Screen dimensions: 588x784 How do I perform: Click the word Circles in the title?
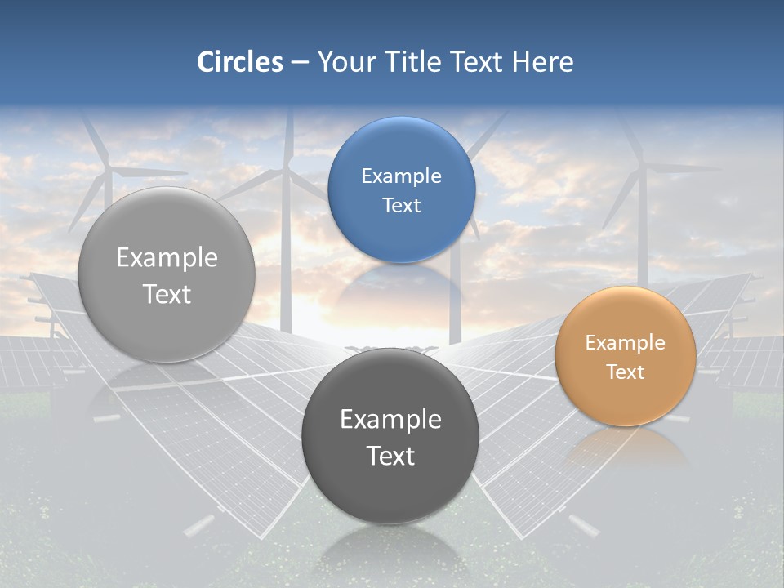pyautogui.click(x=240, y=62)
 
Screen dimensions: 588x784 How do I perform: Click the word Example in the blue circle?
pyautogui.click(x=401, y=176)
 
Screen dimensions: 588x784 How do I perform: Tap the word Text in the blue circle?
pyautogui.click(x=401, y=206)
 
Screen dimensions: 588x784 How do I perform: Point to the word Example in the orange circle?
pyautogui.click(x=626, y=343)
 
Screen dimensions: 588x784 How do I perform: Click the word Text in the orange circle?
pyautogui.click(x=626, y=372)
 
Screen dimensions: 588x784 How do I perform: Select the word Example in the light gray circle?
pyautogui.click(x=167, y=258)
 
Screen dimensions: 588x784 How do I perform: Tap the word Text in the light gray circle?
pyautogui.click(x=167, y=295)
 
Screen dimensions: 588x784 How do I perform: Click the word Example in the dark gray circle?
pyautogui.click(x=390, y=420)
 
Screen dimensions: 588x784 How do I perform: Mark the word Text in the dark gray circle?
pyautogui.click(x=390, y=457)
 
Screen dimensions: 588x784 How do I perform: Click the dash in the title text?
pyautogui.click(x=300, y=63)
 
